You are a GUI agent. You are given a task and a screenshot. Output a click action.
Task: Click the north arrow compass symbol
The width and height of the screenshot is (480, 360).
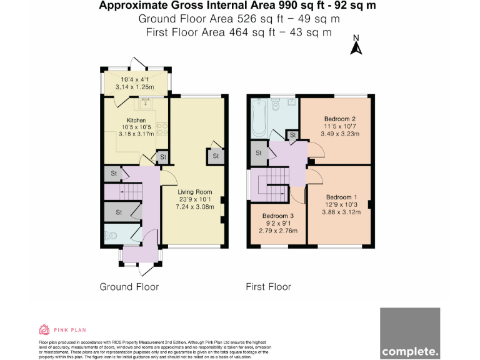pos(356,45)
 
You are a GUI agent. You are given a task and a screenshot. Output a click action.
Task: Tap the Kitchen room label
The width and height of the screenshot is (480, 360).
pos(136,121)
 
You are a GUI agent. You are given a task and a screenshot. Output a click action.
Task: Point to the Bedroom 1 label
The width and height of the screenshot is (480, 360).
pos(342,195)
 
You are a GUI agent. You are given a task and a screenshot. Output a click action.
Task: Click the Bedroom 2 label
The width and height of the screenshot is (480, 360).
pos(340,119)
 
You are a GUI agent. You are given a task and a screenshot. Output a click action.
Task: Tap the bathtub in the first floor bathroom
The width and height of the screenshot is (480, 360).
pos(258,116)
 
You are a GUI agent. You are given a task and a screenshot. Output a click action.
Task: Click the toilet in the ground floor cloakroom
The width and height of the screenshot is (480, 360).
pos(111,236)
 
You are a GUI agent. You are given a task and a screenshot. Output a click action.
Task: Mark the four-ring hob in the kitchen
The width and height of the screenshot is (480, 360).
pos(161,128)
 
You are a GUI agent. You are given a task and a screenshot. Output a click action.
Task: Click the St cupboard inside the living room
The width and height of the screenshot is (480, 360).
pos(215,156)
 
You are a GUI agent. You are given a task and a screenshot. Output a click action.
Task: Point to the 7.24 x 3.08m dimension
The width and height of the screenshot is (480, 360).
pos(194,207)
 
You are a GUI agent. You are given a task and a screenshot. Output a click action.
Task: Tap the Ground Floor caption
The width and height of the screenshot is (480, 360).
pos(129,287)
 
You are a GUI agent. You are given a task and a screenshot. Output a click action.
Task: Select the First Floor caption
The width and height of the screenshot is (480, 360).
pos(268,287)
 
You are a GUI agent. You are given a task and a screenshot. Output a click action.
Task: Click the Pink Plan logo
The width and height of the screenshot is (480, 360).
pos(62,330)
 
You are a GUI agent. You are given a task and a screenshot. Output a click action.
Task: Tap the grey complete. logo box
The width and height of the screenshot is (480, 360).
pos(410,334)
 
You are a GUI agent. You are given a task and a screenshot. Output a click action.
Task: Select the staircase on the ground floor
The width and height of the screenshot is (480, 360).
pos(130,191)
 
